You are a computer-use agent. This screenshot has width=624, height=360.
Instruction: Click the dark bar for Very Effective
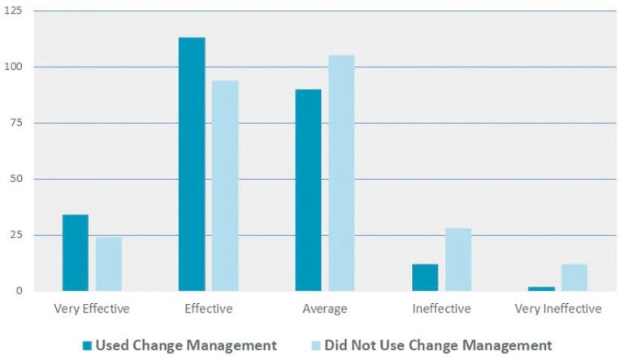[75, 252]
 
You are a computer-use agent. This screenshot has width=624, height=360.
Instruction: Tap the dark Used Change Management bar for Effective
[192, 164]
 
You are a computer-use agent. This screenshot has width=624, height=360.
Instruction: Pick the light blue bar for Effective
[225, 185]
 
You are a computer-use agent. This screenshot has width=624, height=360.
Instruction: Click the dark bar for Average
[308, 189]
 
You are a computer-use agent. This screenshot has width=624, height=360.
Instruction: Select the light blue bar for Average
[341, 172]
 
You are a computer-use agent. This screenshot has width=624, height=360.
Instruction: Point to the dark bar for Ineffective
[425, 277]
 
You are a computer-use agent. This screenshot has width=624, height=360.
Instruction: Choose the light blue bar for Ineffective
[458, 259]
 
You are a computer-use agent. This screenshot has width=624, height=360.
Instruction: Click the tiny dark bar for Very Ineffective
[541, 288]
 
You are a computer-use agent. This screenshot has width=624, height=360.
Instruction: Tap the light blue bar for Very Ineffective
[574, 277]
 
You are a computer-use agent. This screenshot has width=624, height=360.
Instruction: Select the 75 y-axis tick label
[17, 123]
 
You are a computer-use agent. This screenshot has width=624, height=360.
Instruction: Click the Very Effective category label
[91, 309]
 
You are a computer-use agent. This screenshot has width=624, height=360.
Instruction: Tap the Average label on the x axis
[324, 309]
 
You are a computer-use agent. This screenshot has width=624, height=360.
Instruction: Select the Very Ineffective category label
[558, 309]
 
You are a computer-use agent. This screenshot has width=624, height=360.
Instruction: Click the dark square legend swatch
[87, 345]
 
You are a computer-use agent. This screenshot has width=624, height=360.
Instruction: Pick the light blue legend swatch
[316, 345]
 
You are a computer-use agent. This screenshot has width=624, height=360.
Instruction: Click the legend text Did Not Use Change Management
[438, 345]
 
